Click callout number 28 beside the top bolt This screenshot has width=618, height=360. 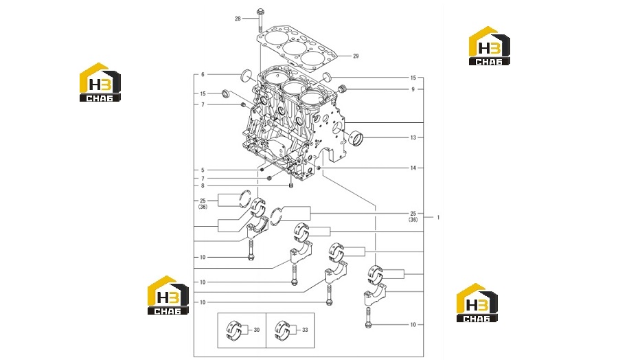(x=238, y=19)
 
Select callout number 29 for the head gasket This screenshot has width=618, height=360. (x=356, y=56)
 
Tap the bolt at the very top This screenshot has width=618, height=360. (x=260, y=20)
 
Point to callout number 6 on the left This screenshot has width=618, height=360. (x=203, y=74)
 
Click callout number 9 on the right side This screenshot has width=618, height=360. (x=413, y=89)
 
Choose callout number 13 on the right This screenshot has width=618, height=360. (x=413, y=137)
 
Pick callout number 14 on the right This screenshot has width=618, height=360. (x=413, y=168)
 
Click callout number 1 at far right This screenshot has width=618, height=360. (x=438, y=217)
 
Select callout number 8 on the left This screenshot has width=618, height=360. (x=203, y=185)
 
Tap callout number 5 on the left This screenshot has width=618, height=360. (x=203, y=170)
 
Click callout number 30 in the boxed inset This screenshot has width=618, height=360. (x=257, y=330)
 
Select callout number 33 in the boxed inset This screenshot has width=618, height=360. (x=305, y=330)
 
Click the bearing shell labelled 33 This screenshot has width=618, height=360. (x=282, y=330)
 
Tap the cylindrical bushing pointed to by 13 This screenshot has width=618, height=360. (x=356, y=137)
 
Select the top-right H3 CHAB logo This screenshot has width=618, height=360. (x=489, y=46)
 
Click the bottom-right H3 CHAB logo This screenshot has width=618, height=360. (x=477, y=303)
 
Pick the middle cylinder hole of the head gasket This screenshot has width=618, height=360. (x=294, y=48)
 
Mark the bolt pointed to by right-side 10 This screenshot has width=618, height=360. (x=368, y=318)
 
